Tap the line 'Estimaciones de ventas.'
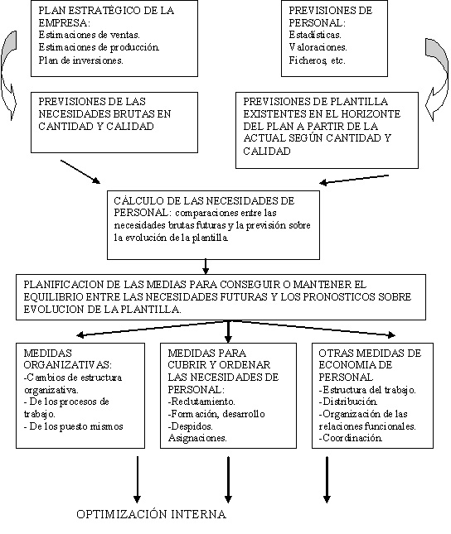89,35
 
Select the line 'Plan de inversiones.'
81,60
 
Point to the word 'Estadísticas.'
315,35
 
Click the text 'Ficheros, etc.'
317,60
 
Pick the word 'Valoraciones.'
318,47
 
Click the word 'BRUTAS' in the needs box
129,113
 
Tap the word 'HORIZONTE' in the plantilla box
370,113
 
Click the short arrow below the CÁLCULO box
206,267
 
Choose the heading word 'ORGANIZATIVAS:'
67,365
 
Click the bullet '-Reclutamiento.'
201,402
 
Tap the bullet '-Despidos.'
190,426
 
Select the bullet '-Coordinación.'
351,438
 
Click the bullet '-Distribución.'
348,402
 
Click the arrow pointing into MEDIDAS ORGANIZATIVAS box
153,328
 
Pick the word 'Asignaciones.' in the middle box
197,438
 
